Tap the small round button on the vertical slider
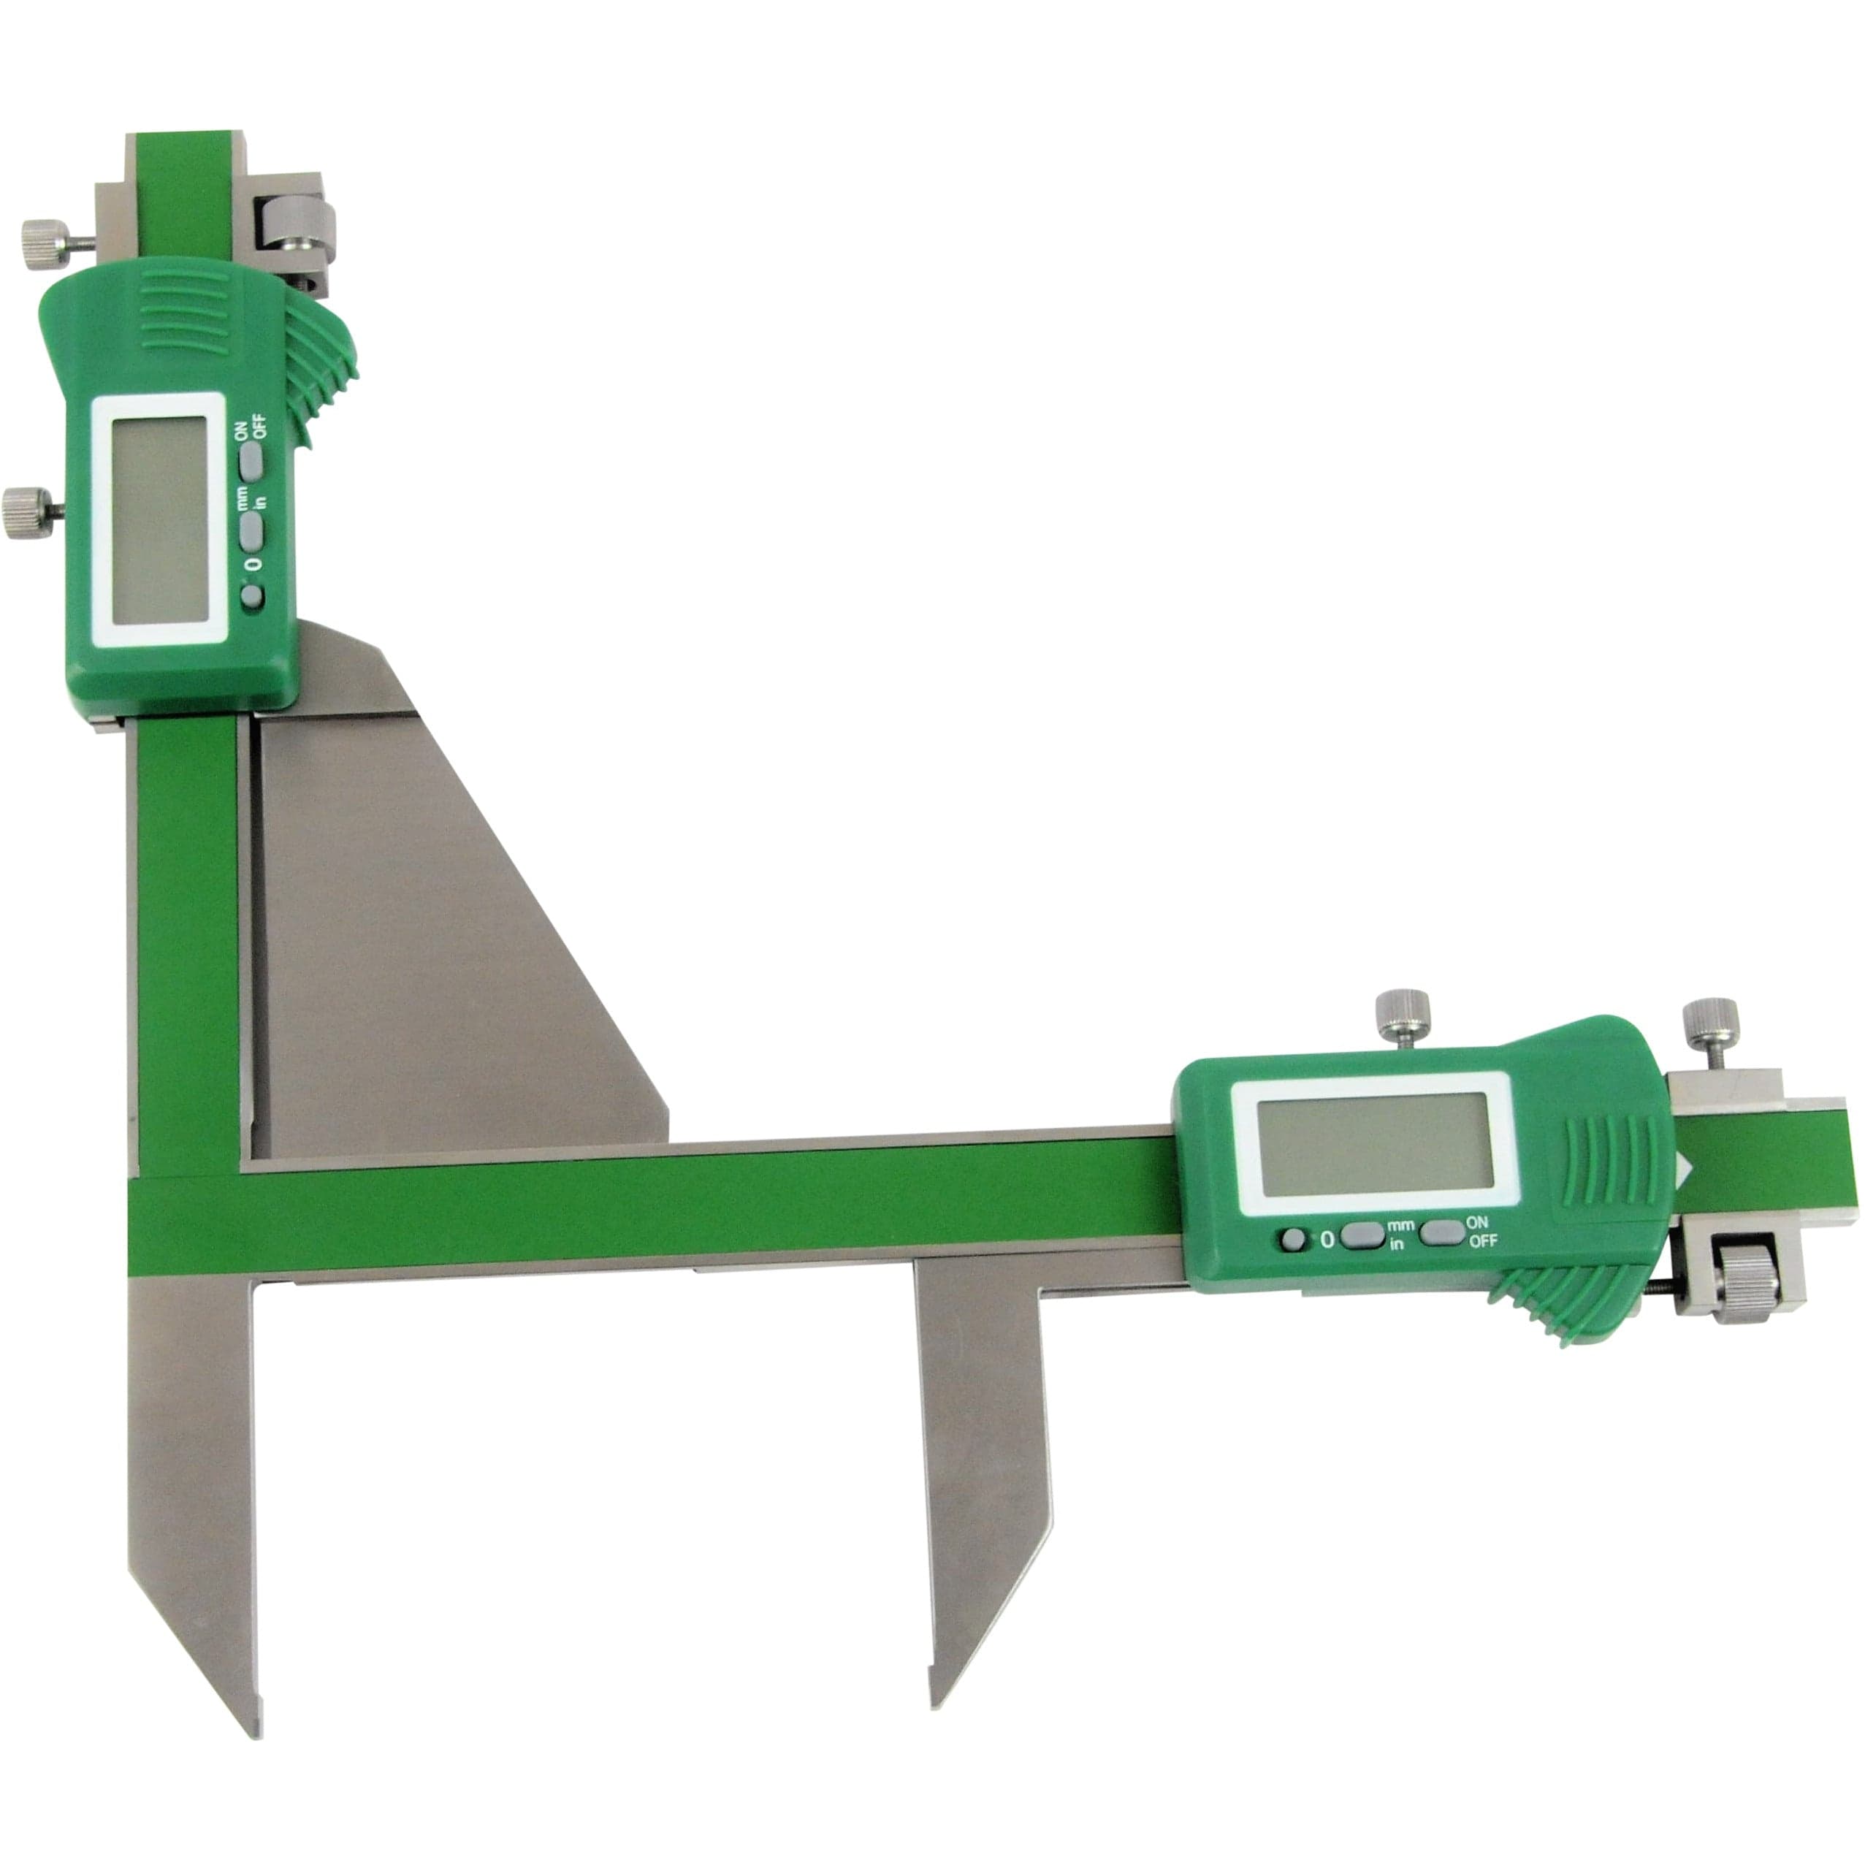(252, 598)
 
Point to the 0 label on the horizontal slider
(1327, 1240)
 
